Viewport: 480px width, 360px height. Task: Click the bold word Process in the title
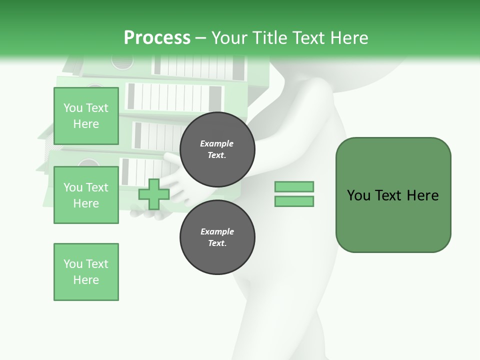(157, 38)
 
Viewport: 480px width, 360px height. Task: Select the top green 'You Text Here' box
(86, 116)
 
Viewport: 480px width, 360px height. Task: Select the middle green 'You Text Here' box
(86, 195)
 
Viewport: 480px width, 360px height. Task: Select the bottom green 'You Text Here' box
(86, 272)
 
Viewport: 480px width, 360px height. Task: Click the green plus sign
(154, 194)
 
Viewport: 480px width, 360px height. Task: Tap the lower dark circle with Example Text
(217, 237)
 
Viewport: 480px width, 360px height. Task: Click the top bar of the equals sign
(294, 186)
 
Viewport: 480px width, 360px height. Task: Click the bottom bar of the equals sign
(294, 201)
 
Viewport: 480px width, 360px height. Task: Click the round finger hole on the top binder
(122, 61)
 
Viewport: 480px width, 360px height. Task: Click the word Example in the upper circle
(217, 143)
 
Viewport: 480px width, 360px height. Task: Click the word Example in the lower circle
(217, 231)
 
